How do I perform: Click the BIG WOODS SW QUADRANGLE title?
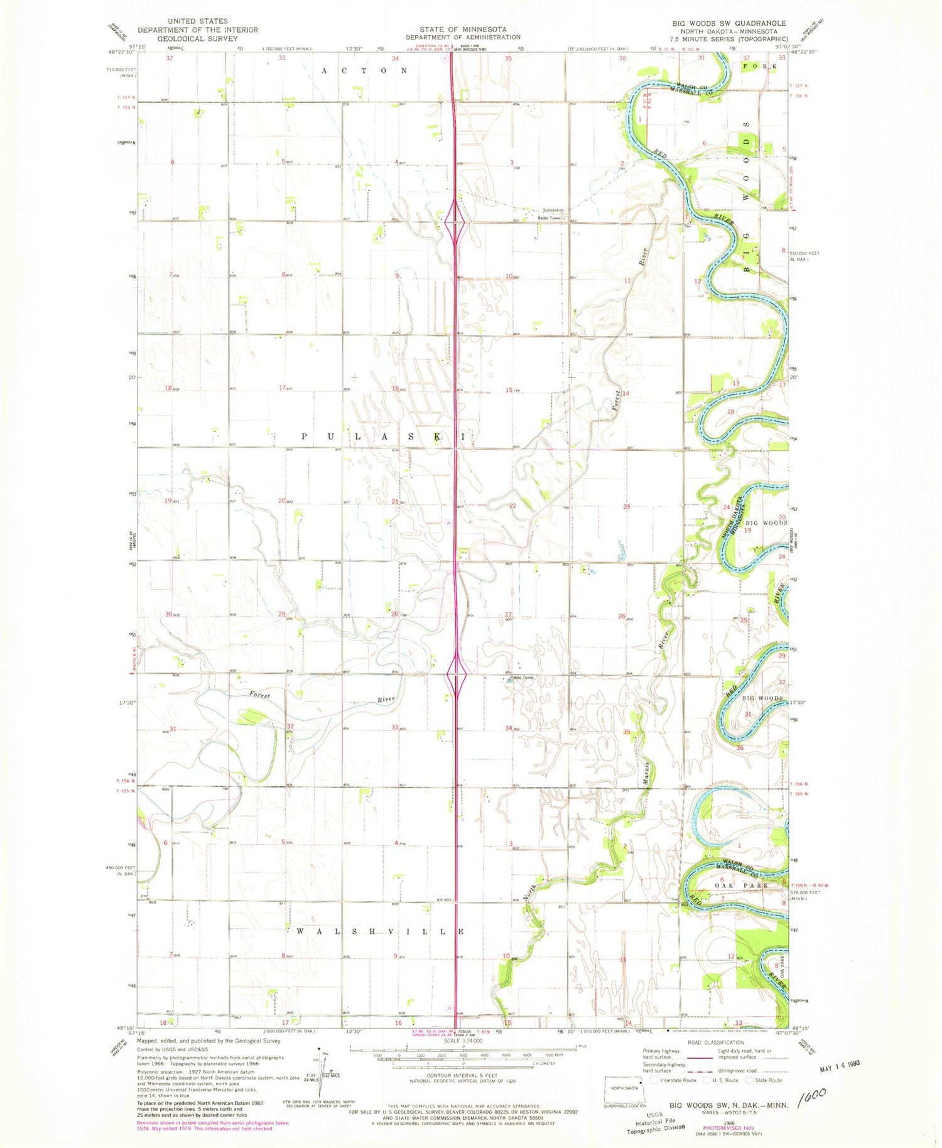(x=729, y=23)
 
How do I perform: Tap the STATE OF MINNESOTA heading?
(x=464, y=29)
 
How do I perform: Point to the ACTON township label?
(x=365, y=71)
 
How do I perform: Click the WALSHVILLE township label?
(x=380, y=931)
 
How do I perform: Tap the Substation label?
(x=553, y=210)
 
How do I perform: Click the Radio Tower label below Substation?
(x=548, y=218)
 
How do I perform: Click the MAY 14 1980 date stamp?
(x=839, y=1065)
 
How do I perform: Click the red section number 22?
(x=513, y=506)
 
